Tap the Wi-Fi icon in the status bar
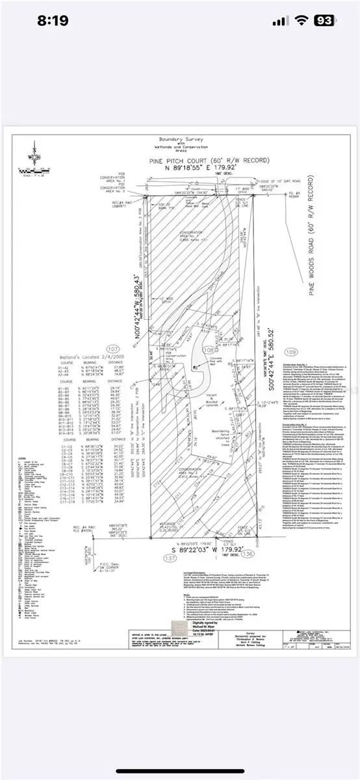298,21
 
